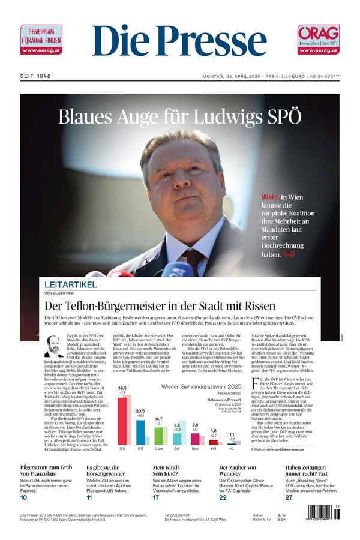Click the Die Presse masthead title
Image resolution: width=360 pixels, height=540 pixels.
pos(179,42)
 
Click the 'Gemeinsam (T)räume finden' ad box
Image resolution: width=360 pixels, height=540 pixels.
pos(41,40)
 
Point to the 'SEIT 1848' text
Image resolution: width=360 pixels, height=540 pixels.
pos(35,76)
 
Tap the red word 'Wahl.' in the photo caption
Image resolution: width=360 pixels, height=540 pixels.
pos(270,197)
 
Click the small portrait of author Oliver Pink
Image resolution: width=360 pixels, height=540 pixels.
pos(53,346)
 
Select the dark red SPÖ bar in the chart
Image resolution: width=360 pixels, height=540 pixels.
pos(122,421)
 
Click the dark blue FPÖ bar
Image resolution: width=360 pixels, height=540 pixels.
pos(140,432)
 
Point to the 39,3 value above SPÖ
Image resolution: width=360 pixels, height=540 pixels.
pos(122,389)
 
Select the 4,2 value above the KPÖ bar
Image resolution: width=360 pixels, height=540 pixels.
pos(214,431)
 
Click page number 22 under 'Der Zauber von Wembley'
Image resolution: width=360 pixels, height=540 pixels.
pos(223,497)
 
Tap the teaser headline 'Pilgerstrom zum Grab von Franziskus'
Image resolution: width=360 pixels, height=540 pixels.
pos(46,471)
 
